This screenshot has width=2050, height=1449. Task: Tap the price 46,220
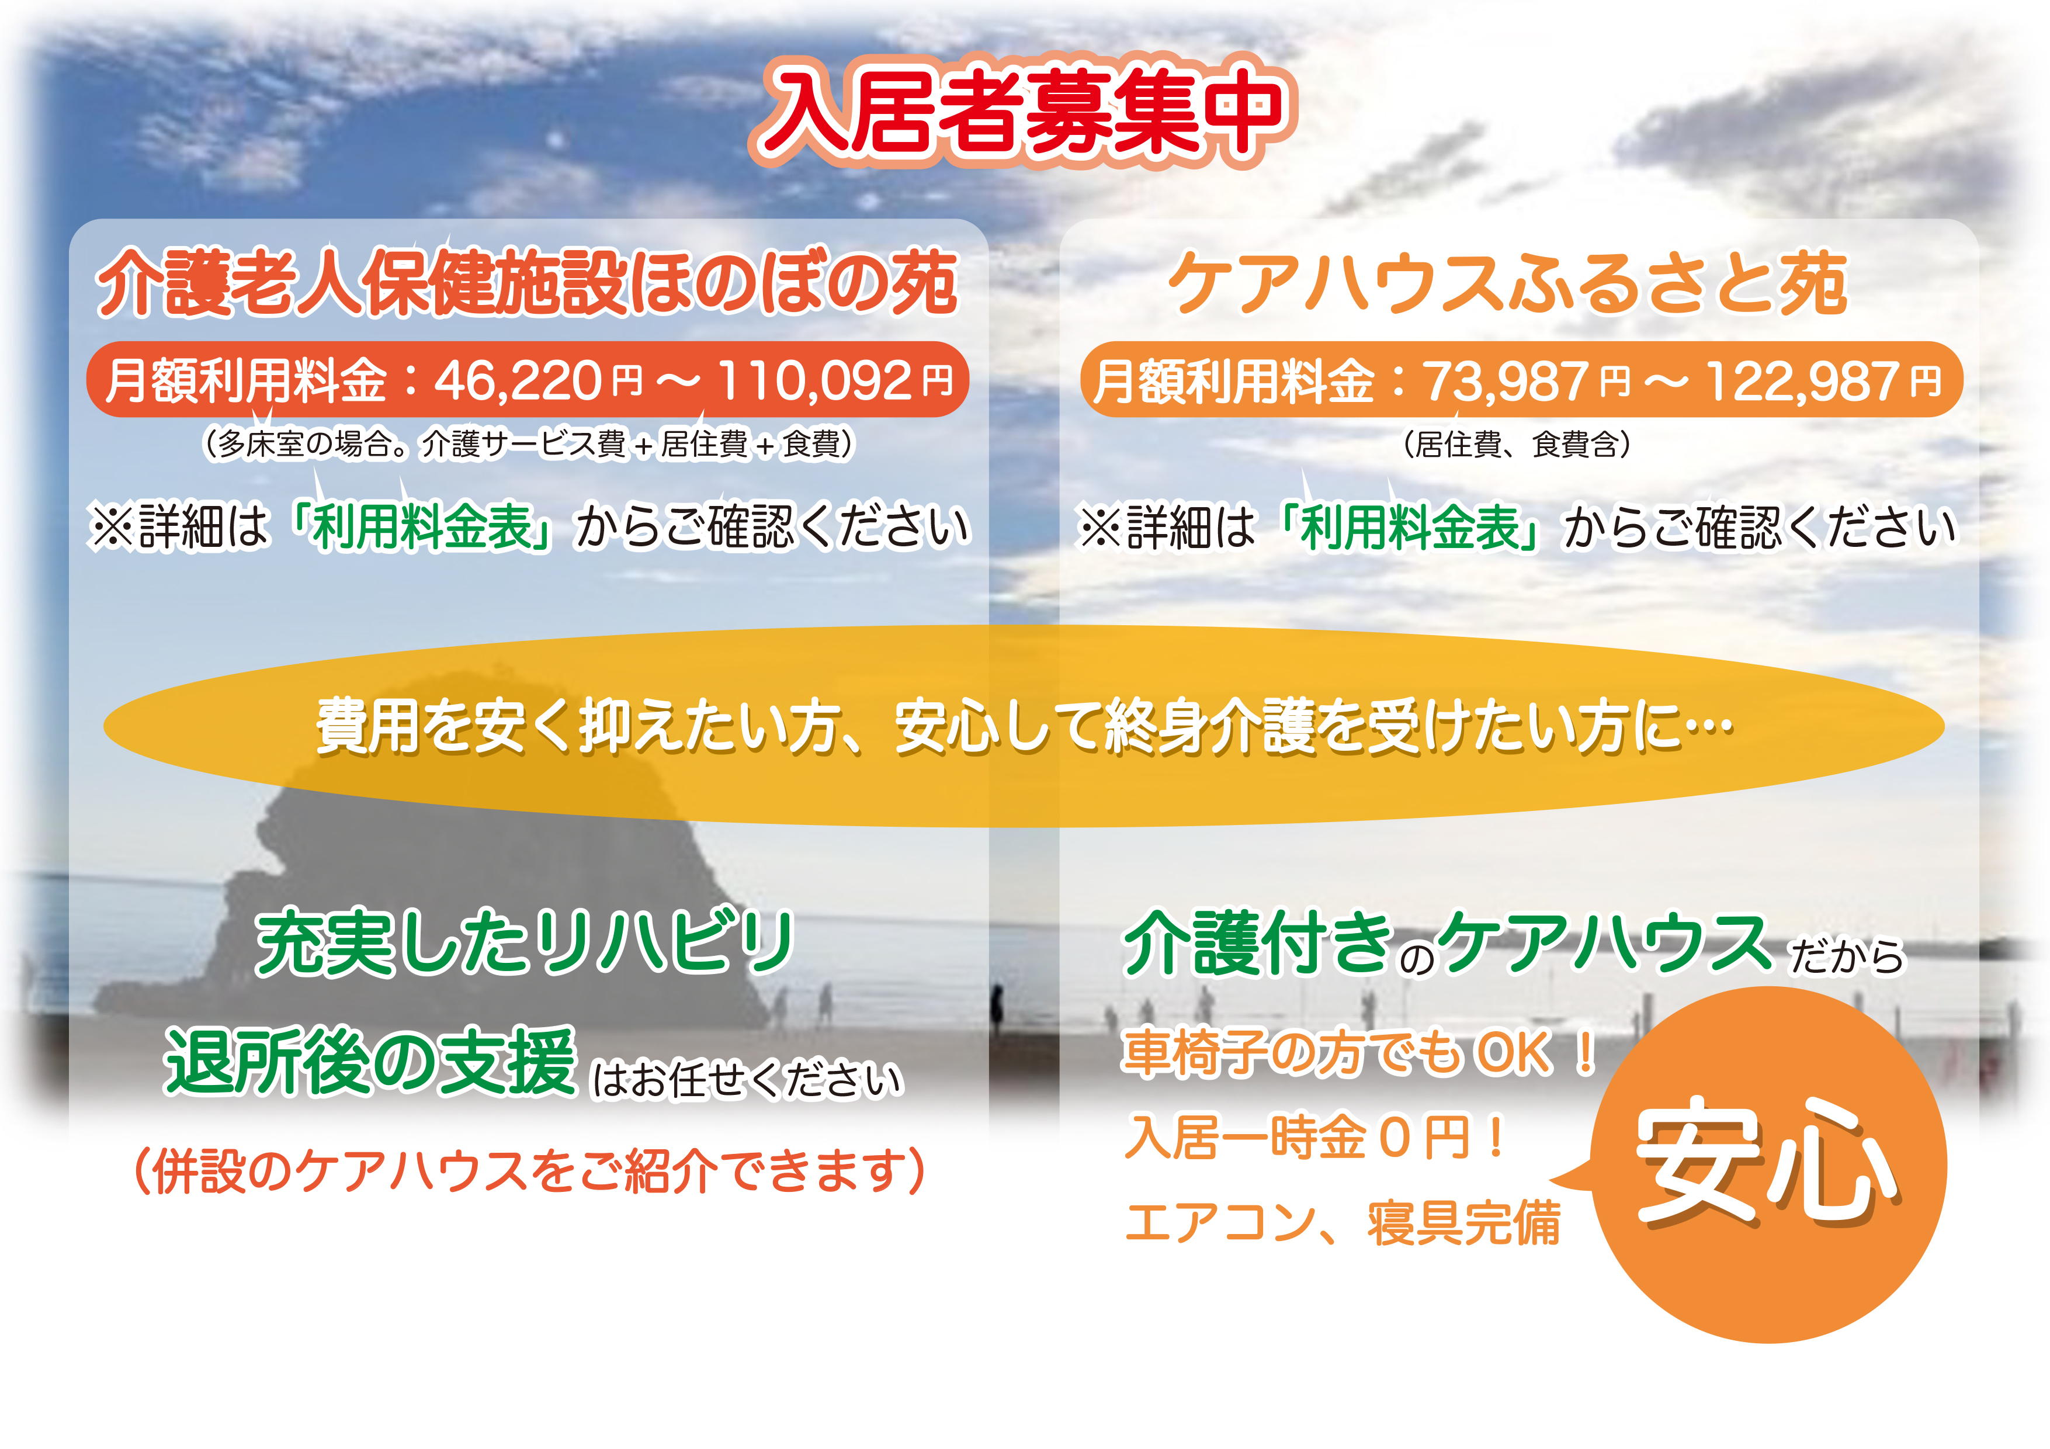coord(518,380)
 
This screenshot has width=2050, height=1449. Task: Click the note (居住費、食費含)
coord(1518,443)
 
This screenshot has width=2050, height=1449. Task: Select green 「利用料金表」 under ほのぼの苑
coord(421,527)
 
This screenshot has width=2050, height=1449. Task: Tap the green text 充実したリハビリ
coord(525,943)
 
